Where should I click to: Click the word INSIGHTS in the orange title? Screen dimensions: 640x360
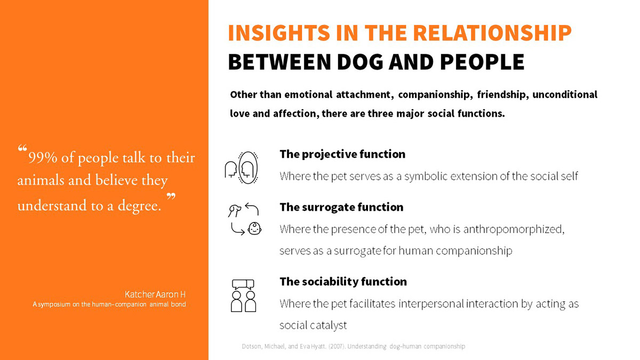279,33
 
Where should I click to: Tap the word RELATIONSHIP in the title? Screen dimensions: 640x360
492,33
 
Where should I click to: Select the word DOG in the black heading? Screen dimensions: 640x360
359,62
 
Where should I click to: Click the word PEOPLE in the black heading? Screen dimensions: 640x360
482,62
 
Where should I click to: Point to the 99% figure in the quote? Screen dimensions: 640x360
43,157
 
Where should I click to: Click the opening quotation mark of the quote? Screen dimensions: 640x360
22,148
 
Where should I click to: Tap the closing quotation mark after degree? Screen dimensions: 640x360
171,196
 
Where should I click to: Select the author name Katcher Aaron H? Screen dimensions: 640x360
155,294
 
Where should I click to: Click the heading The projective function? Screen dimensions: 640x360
342,154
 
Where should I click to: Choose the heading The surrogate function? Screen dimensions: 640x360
341,207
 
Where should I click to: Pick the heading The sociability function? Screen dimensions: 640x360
343,282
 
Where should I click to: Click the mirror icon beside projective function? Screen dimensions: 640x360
247,167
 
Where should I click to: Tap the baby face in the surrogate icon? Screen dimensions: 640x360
254,229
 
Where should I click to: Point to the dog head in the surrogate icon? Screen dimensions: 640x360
235,211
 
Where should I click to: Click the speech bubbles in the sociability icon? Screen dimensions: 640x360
243,284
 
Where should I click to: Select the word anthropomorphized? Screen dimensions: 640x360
514,229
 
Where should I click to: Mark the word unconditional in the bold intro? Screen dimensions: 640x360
565,94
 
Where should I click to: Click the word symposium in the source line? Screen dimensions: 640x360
54,305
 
